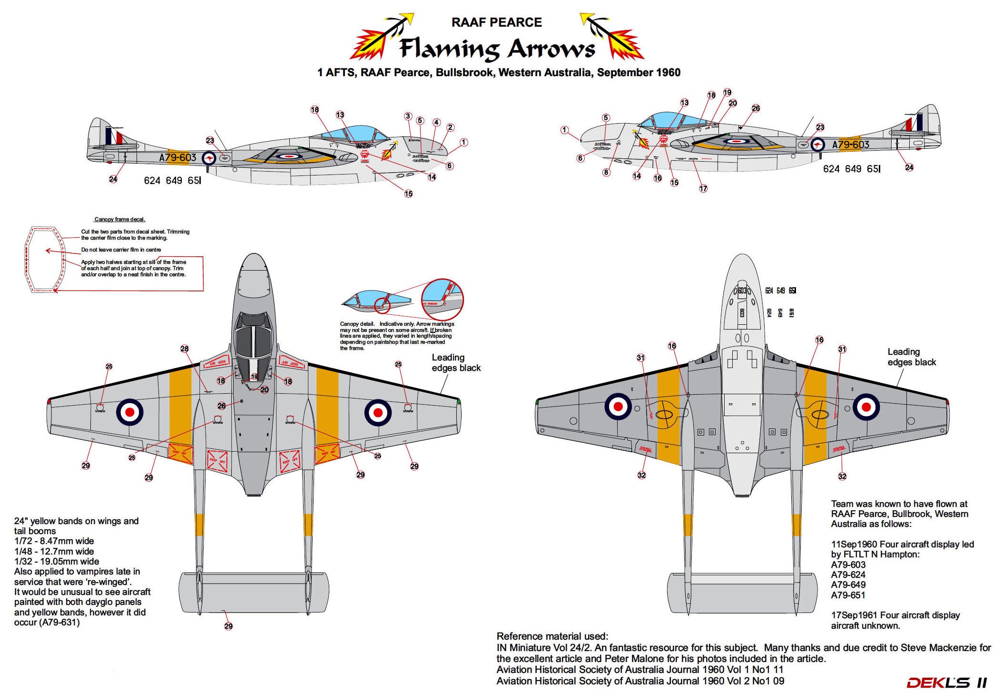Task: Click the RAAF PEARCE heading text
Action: tap(496, 22)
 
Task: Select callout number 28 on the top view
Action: tap(185, 349)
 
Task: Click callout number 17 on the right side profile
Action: tap(703, 188)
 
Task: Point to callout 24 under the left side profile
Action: tap(113, 179)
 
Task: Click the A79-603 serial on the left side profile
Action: tap(177, 157)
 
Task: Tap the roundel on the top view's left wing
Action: tap(129, 412)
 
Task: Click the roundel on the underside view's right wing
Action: tap(866, 407)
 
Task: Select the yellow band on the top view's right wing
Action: tap(327, 404)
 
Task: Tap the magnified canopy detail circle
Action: tap(442, 300)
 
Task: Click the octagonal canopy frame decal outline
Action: tap(45, 259)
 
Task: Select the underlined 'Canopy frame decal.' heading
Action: tap(119, 219)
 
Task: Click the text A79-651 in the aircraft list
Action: tap(848, 595)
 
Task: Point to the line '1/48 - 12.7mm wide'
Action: tap(54, 551)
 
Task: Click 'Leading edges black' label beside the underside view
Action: tap(911, 357)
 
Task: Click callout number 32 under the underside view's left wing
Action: tap(641, 475)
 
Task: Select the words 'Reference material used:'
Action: tap(552, 636)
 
